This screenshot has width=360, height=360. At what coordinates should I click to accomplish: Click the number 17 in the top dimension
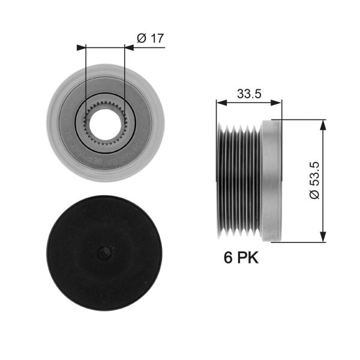[x=157, y=38]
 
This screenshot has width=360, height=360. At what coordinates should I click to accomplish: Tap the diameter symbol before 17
[x=142, y=38]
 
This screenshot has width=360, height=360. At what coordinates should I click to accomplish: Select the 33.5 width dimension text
[x=248, y=94]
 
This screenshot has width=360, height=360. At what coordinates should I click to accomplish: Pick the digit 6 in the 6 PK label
[x=228, y=258]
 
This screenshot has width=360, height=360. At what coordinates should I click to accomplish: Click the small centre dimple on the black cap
[x=105, y=254]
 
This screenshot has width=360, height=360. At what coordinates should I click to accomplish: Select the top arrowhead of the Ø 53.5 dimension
[x=324, y=124]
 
